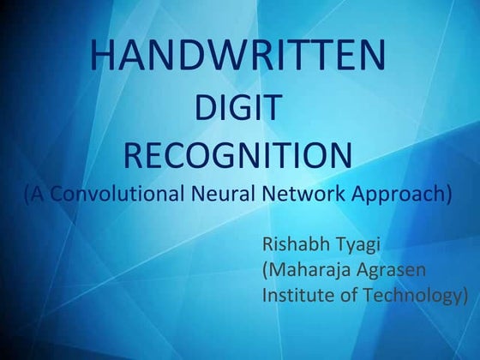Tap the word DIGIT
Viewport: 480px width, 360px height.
pyautogui.click(x=239, y=108)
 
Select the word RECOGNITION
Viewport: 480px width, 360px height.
pyautogui.click(x=238, y=156)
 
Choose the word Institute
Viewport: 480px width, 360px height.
pyautogui.click(x=294, y=296)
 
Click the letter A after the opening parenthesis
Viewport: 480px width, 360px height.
pyautogui.click(x=38, y=193)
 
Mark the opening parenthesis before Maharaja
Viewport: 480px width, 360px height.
pyautogui.click(x=265, y=271)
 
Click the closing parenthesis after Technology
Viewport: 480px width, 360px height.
pyautogui.click(x=465, y=297)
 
